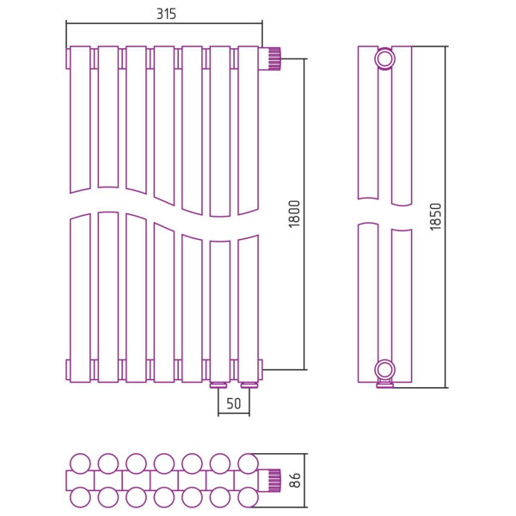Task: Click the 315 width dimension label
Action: click(166, 14)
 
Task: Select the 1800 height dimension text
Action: click(294, 214)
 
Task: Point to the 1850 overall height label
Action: click(435, 217)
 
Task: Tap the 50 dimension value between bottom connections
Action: click(234, 403)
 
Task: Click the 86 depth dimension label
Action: click(296, 480)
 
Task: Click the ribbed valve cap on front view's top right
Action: click(273, 58)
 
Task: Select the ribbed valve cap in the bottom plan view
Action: click(274, 481)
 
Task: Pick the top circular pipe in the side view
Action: click(384, 59)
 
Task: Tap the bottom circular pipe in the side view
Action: click(384, 370)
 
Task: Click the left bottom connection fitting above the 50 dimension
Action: click(218, 385)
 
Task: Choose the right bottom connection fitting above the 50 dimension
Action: click(249, 385)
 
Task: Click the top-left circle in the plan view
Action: click(80, 464)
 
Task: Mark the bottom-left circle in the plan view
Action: click(80, 497)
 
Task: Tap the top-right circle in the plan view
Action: click(248, 464)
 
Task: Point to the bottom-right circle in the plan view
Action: click(248, 497)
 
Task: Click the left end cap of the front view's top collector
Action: click(68, 58)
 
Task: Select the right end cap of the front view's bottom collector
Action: click(261, 370)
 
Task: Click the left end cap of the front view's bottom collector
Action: click(68, 370)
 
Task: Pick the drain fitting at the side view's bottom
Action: click(384, 384)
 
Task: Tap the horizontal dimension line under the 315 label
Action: click(164, 23)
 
